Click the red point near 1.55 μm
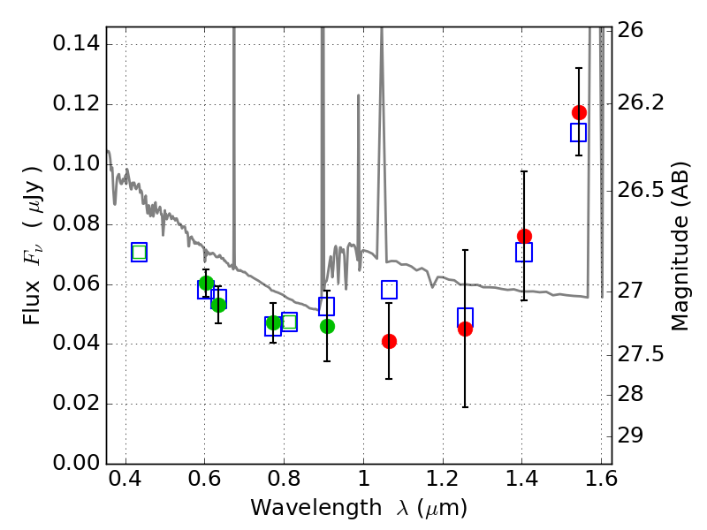tap(579, 112)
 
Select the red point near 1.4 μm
tap(524, 236)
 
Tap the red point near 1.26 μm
tap(465, 329)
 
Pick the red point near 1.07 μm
tap(389, 341)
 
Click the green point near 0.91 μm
tap(327, 326)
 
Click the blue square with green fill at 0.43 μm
tap(139, 252)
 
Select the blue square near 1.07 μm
tap(389, 290)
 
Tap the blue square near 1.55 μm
tap(579, 132)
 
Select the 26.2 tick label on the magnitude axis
tap(648, 102)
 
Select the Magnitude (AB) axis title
tap(680, 246)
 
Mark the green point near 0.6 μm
tap(206, 283)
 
